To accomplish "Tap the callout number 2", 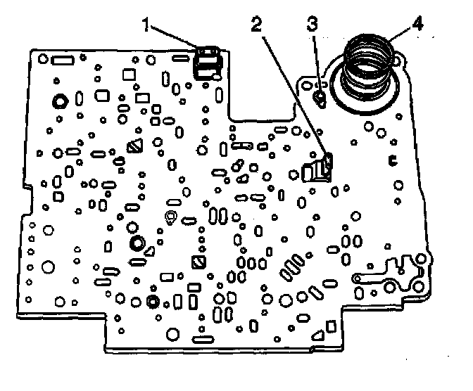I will [x=256, y=25].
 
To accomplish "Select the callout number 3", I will [x=313, y=25].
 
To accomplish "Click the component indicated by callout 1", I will [x=206, y=62].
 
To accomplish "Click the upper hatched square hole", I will [x=135, y=147].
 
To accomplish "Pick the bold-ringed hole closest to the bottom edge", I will [x=151, y=302].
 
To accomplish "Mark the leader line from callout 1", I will [x=177, y=38].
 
